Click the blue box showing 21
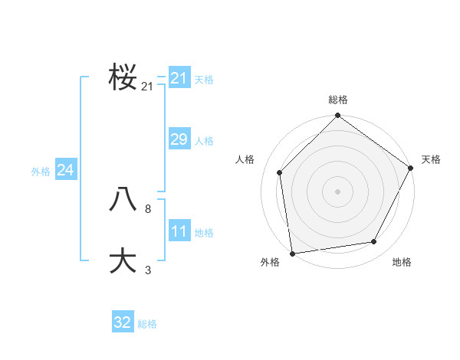[179, 78]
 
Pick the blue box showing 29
[179, 139]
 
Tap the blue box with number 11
[179, 231]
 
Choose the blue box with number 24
[65, 170]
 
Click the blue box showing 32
[123, 322]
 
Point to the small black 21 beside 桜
[147, 87]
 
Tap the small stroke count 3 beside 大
[147, 270]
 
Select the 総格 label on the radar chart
[337, 100]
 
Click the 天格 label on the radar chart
[431, 159]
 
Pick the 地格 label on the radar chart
[402, 262]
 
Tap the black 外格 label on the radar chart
[270, 262]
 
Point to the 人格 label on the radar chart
[245, 159]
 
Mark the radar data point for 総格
[337, 116]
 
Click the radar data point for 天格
[411, 168]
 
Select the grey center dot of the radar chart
[337, 191]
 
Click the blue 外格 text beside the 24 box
[41, 172]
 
